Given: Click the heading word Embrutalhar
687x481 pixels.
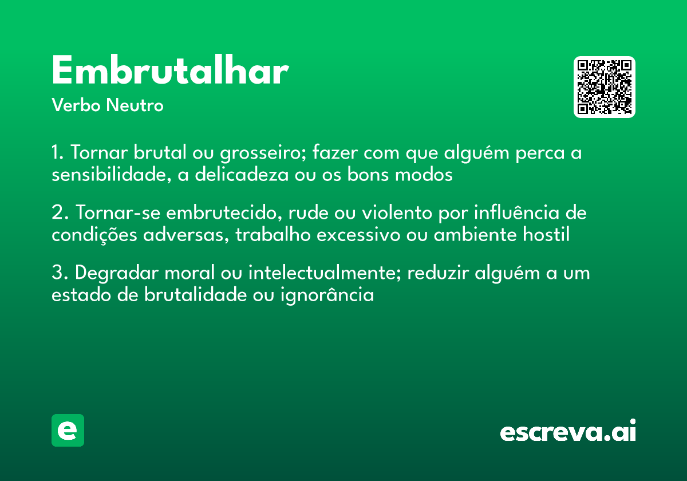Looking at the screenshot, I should (169, 72).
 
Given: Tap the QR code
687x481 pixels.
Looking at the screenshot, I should (605, 87).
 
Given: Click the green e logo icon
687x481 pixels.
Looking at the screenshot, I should (68, 430).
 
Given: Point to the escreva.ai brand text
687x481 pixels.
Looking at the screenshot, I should (568, 431).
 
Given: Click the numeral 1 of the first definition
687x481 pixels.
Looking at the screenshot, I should (56, 153).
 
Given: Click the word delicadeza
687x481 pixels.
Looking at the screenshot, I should (242, 175).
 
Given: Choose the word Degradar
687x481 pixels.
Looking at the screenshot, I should (117, 274).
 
